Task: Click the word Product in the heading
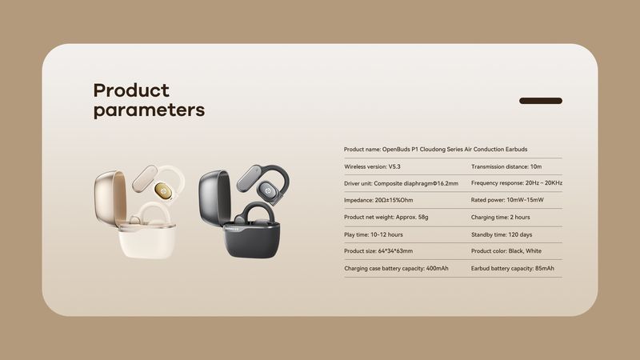[x=131, y=90]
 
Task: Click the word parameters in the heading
[x=149, y=110]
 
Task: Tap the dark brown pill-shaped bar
[x=541, y=101]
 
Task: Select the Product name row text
[x=435, y=149]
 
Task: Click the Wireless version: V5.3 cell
[x=372, y=166]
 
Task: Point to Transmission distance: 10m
[x=506, y=166]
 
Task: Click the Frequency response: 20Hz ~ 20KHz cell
[x=517, y=183]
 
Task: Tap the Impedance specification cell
[x=379, y=200]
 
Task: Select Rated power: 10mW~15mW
[x=507, y=200]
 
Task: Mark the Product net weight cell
[x=386, y=217]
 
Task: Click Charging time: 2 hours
[x=501, y=217]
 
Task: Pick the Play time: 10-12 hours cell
[x=373, y=234]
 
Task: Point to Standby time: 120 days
[x=502, y=234]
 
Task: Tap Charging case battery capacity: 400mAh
[x=396, y=268]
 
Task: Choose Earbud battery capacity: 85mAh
[x=512, y=268]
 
